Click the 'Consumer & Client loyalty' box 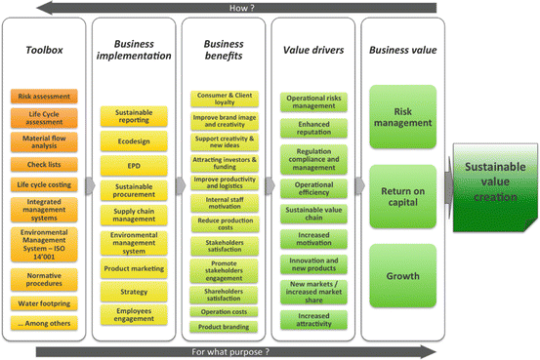click(x=224, y=99)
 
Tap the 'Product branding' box click(x=224, y=326)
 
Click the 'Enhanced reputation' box click(x=313, y=128)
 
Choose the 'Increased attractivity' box click(x=313, y=318)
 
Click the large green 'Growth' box click(x=402, y=275)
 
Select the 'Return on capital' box click(x=402, y=196)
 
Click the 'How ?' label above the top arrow click(x=269, y=7)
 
